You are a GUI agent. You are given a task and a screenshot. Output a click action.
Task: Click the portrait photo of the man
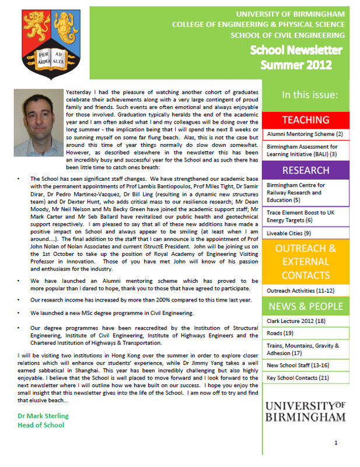coord(36,117)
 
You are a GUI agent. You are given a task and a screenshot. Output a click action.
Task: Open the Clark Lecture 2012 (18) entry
coord(296,321)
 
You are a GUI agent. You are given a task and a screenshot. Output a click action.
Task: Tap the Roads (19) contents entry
coord(280,333)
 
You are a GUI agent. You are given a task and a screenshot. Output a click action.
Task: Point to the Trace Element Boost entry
coord(303,216)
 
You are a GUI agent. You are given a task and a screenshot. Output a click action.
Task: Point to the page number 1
coord(336,444)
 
